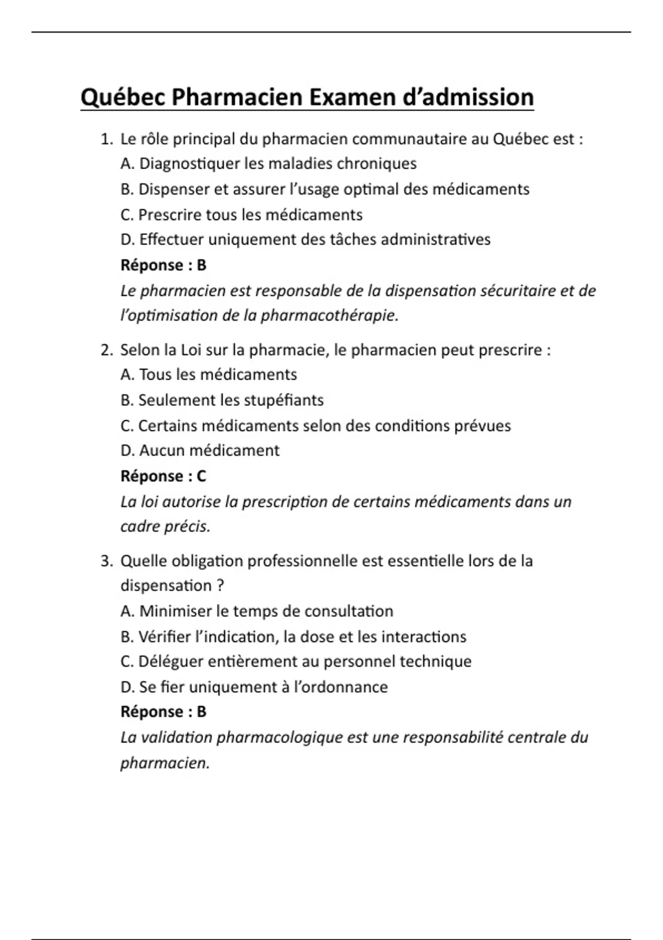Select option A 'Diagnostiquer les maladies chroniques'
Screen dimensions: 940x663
pyautogui.click(x=269, y=164)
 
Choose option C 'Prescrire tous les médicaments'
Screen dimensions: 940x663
pyautogui.click(x=241, y=215)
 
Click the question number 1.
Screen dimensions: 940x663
pyautogui.click(x=106, y=139)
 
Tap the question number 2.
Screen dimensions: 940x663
pyautogui.click(x=106, y=350)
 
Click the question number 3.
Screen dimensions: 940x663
pyautogui.click(x=106, y=561)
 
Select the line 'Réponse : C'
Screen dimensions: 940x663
pyautogui.click(x=163, y=476)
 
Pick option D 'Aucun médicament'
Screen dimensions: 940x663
pyautogui.click(x=200, y=451)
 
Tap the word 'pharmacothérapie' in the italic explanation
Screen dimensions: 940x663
pyautogui.click(x=329, y=316)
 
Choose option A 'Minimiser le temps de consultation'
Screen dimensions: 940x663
pyautogui.click(x=257, y=612)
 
